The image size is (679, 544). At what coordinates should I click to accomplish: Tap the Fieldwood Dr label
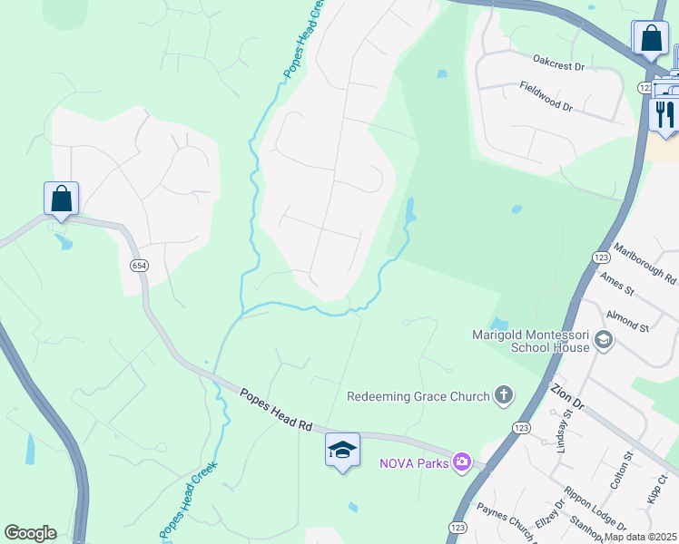[546, 95]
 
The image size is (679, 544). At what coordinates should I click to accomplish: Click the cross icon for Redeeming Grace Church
[503, 395]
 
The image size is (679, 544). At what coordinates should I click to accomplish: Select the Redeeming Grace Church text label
[418, 396]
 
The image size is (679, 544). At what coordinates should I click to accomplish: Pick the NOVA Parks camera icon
[462, 462]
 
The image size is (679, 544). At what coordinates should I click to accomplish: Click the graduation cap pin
[342, 450]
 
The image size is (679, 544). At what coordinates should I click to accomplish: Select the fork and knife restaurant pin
[665, 114]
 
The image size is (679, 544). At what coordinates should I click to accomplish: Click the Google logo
[30, 533]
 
